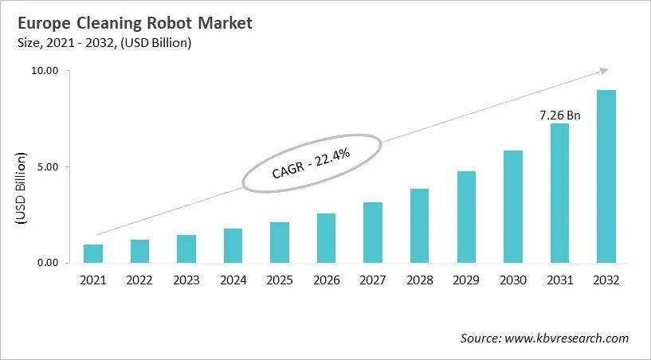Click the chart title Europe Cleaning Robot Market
pos(132,23)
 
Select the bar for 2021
pos(93,253)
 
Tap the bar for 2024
pos(233,245)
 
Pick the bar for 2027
pos(373,233)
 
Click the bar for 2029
pos(466,217)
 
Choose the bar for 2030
pos(512,206)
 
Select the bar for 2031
pos(559,193)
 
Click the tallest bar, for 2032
pos(606,176)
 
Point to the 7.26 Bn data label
pos(559,115)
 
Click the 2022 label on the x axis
pos(139,280)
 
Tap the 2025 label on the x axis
pos(280,280)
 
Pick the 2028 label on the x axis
pos(419,280)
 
